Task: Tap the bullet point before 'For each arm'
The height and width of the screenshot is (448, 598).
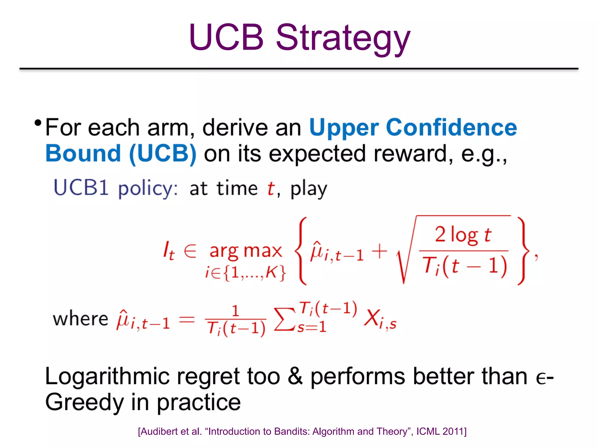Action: click(x=38, y=123)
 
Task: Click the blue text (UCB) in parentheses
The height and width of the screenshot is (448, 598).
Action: click(x=163, y=153)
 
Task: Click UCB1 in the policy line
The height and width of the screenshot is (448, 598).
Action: click(x=81, y=188)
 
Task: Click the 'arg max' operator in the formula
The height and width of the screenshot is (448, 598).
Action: click(x=246, y=251)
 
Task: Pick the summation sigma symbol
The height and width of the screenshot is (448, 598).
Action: click(x=284, y=319)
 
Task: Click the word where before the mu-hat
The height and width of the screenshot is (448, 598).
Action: click(x=81, y=318)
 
